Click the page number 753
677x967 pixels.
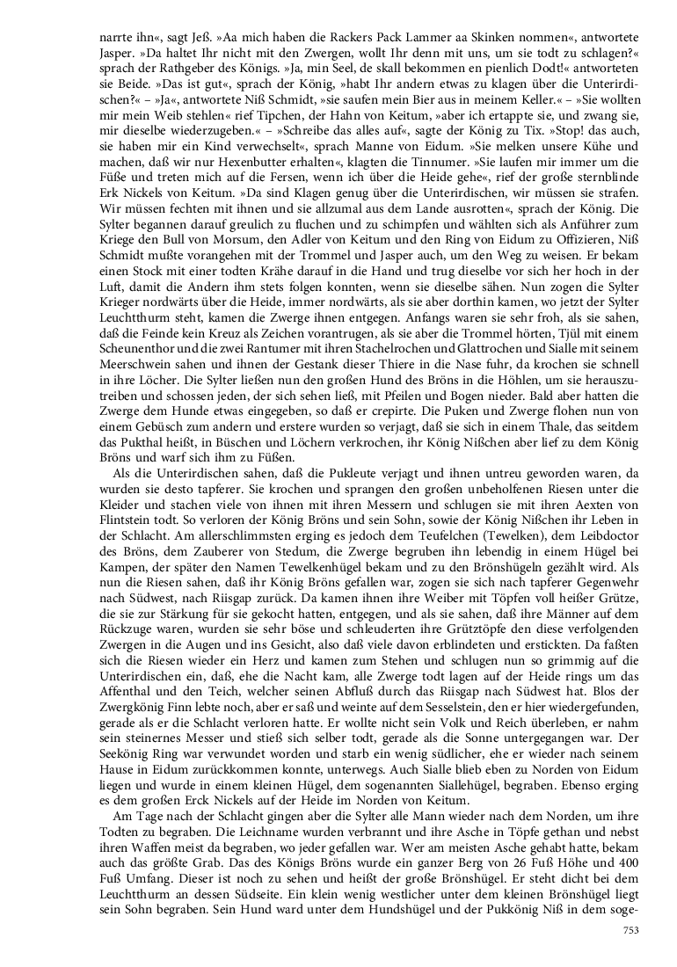630,930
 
